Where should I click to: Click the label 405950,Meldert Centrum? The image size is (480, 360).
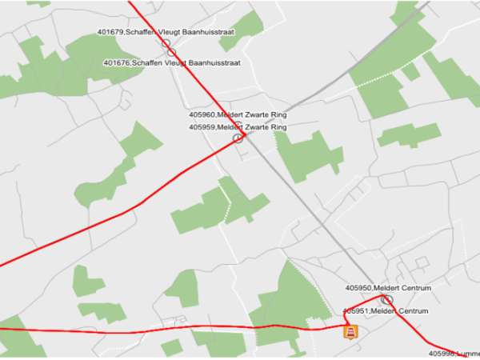point(388,287)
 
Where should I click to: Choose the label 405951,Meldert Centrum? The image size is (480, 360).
point(386,310)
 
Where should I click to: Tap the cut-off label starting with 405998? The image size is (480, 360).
point(454,353)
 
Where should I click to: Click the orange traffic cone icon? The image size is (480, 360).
point(349,331)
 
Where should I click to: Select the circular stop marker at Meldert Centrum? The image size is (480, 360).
point(388,299)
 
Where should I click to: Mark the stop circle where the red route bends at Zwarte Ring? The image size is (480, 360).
point(238,138)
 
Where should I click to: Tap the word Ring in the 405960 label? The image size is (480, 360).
point(278,115)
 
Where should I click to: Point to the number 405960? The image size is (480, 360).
point(201,115)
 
